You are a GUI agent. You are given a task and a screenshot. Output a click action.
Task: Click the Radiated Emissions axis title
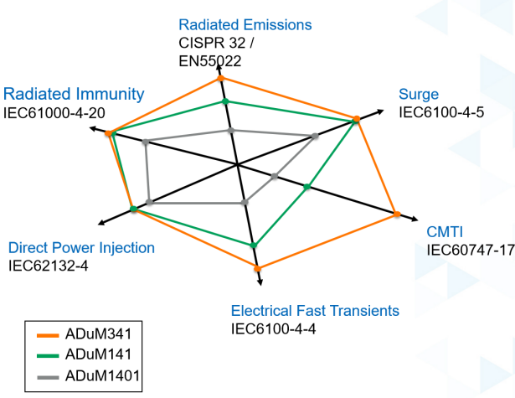245,24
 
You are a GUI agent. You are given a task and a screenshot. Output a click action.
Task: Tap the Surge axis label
419,94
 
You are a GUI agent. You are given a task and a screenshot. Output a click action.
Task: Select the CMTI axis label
445,232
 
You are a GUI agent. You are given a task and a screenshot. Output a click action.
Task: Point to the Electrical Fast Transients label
315,311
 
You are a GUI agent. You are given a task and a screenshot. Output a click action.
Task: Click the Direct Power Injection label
81,247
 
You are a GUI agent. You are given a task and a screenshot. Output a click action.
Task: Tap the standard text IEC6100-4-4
273,328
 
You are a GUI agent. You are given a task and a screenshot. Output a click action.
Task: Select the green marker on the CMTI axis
307,187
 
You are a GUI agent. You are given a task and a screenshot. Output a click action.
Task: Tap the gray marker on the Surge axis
316,136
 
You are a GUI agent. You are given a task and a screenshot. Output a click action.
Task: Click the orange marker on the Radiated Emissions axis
222,79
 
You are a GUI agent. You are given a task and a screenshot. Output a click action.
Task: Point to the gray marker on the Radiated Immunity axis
146,142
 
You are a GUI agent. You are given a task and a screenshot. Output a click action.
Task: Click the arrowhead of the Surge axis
384,111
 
